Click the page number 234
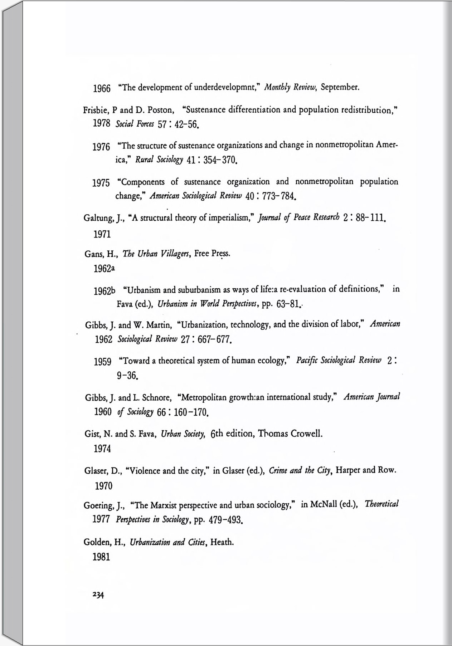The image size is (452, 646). [98, 595]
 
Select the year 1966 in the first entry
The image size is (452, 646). [102, 88]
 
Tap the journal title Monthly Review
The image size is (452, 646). [290, 87]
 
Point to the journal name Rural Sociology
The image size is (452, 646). [159, 160]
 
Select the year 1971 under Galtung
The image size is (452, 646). [102, 235]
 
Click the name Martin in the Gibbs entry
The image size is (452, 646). [156, 325]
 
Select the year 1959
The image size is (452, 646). [102, 362]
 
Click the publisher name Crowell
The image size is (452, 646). [306, 434]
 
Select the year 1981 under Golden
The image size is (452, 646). [101, 557]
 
